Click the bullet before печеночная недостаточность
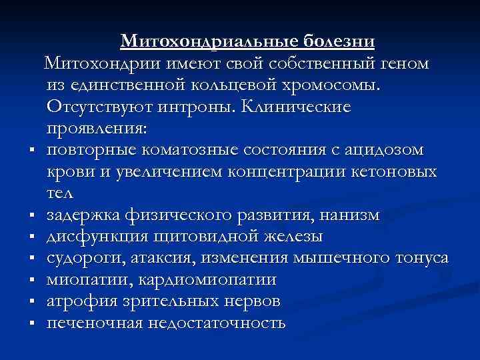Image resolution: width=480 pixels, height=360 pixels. tap(31, 324)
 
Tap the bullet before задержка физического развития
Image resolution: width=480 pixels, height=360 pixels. tap(31, 215)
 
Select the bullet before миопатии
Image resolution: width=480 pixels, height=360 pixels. tap(31, 281)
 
